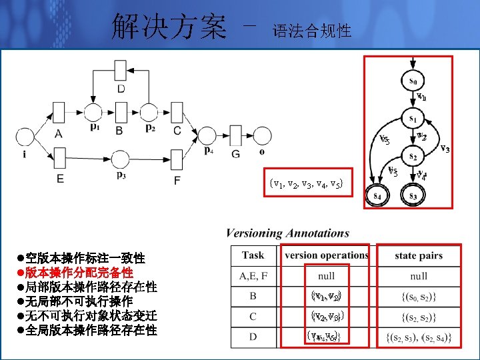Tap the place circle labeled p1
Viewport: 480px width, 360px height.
tap(93, 111)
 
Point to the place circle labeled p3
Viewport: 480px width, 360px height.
tap(120, 159)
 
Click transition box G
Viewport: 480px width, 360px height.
tap(235, 135)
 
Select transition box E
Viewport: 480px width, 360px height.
tap(59, 159)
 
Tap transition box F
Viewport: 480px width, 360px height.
tap(177, 159)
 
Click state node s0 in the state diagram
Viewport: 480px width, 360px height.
tap(413, 81)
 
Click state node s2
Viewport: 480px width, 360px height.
tap(413, 157)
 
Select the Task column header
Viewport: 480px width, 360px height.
tap(253, 255)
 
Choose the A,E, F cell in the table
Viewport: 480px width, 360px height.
tap(253, 275)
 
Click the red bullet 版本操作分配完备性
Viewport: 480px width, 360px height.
tap(79, 273)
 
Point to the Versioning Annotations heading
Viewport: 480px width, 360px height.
tap(287, 233)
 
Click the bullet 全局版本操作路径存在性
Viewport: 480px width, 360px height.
tap(91, 330)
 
